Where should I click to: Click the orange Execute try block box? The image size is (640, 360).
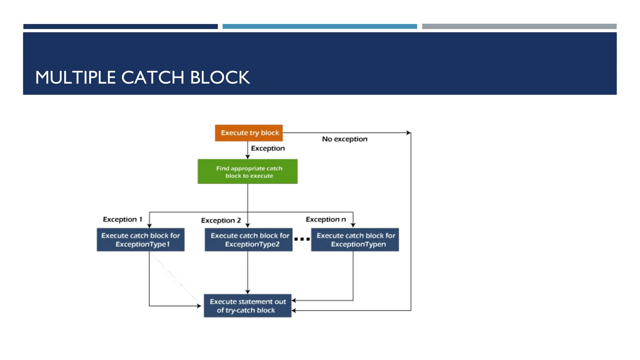[x=249, y=133]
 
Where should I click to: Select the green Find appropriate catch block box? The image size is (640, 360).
[x=247, y=172]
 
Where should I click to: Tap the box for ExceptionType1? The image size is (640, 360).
[x=141, y=240]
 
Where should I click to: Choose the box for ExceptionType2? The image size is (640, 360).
[x=249, y=240]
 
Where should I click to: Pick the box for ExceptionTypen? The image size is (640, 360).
[x=355, y=240]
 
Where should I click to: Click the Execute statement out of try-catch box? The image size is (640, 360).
[x=247, y=306]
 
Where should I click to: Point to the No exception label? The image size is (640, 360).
[x=345, y=139]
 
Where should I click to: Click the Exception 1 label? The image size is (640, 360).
[x=122, y=219]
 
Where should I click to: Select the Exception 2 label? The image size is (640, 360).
[x=221, y=221]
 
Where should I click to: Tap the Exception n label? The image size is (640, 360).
[x=326, y=219]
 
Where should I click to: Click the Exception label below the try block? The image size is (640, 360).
[x=268, y=148]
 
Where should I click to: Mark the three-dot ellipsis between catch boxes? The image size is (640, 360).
[x=302, y=239]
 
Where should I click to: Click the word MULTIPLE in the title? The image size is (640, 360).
[x=75, y=77]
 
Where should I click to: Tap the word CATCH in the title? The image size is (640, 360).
[x=152, y=77]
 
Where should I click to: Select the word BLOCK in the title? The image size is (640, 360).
[x=220, y=77]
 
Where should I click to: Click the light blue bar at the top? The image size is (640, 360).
[x=320, y=27]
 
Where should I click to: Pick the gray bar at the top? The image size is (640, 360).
[x=519, y=27]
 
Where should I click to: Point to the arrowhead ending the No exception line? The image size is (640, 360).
[x=408, y=133]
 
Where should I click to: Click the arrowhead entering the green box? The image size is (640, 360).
[x=247, y=157]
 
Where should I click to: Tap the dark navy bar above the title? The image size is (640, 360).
[x=120, y=27]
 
